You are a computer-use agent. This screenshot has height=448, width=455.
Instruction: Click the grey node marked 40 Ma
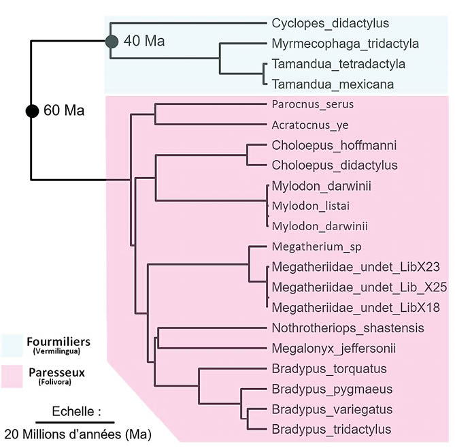112,42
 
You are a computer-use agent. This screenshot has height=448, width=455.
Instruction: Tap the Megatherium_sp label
311,246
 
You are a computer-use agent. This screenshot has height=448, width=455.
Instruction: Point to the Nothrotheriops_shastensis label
348,328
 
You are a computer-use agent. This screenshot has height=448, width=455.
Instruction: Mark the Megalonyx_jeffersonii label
333,349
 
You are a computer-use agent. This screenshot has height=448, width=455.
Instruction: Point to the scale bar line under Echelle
75,422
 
